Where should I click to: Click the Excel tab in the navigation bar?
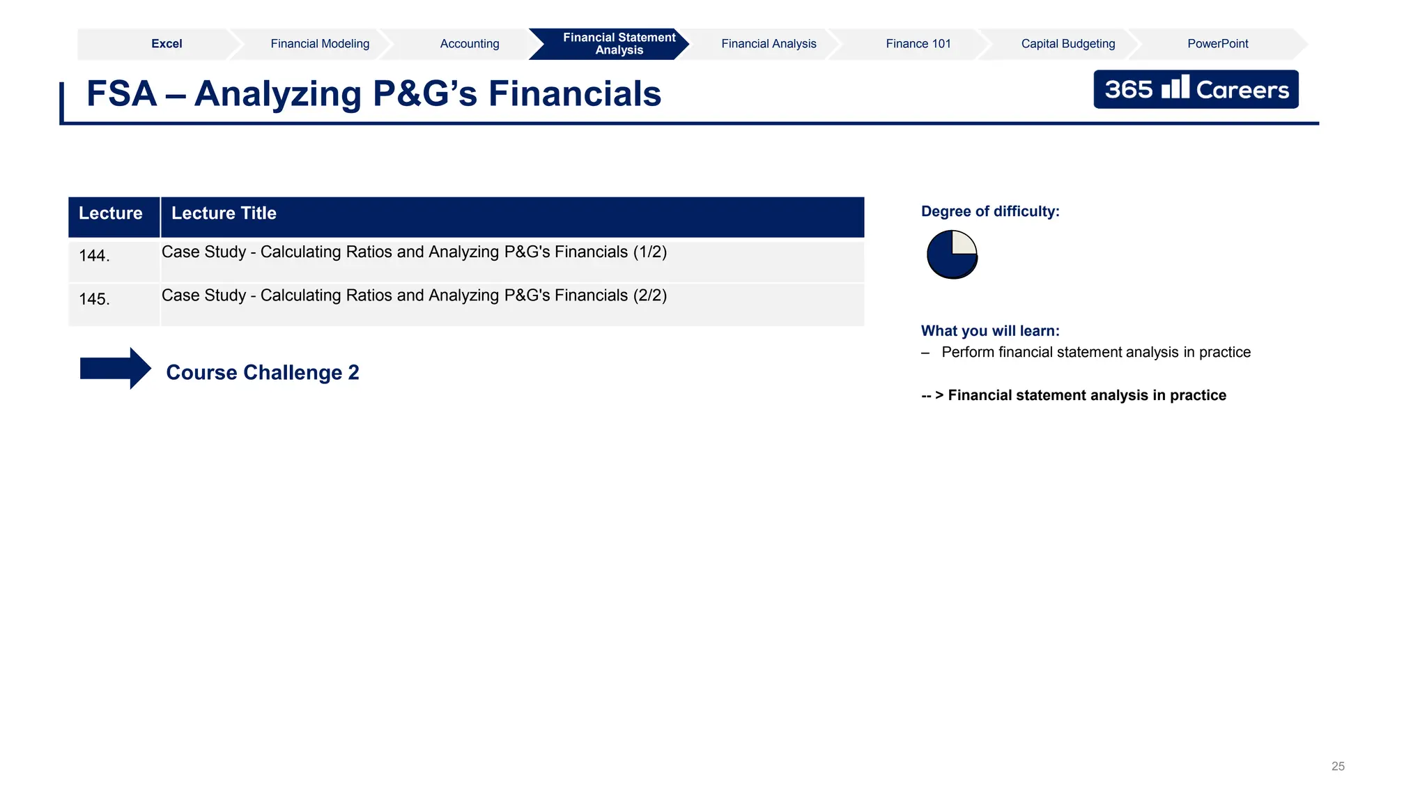pos(167,44)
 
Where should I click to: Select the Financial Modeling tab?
pos(320,44)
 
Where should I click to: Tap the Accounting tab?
pos(470,44)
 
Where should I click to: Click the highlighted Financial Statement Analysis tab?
pos(619,44)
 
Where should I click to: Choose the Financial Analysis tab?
pos(769,44)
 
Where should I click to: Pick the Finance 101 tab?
pos(918,44)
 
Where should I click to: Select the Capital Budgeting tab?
pos(1068,44)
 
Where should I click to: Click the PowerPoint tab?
pos(1217,44)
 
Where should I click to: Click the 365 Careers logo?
pos(1196,89)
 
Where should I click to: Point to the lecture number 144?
pos(94,256)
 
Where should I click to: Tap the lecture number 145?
pos(94,299)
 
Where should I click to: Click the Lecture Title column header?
pos(224,213)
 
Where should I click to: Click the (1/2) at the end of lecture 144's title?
pos(649,252)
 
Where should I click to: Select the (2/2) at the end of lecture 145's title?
pos(649,296)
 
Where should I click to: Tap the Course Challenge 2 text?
pos(263,373)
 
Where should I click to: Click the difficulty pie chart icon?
pos(952,254)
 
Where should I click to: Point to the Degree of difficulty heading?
pos(990,212)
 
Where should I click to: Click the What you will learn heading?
pos(990,331)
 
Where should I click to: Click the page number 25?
pos(1338,766)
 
